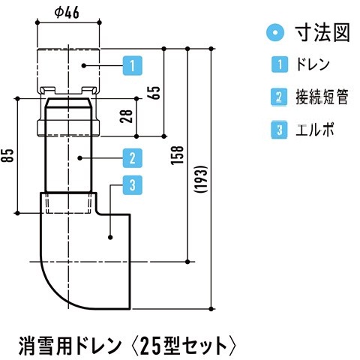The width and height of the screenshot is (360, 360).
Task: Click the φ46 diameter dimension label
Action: click(67, 13)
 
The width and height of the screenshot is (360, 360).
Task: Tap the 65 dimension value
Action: click(155, 93)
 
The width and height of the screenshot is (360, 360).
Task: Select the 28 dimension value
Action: click(127, 116)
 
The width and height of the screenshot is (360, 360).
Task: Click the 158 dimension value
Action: click(177, 155)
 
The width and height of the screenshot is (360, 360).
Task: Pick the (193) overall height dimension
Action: click(201, 178)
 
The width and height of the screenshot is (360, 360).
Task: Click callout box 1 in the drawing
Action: click(133, 66)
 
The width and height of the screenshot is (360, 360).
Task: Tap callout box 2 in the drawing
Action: click(133, 158)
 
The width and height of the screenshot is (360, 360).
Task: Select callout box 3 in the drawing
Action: click(133, 185)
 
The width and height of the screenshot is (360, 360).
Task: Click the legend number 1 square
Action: click(280, 64)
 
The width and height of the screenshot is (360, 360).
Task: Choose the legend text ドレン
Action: click(313, 64)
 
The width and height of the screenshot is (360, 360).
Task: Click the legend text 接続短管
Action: click(322, 97)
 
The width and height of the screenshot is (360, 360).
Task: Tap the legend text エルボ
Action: click(315, 130)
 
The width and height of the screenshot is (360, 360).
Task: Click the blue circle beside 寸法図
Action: click(275, 32)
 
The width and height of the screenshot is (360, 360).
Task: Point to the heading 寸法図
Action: click(322, 32)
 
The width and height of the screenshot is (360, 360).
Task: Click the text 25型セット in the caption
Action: click(183, 346)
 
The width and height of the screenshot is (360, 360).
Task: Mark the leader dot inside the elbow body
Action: click(110, 237)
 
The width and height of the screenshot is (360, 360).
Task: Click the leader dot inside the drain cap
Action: click(84, 66)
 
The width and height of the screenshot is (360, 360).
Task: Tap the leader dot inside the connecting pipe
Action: click(79, 158)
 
